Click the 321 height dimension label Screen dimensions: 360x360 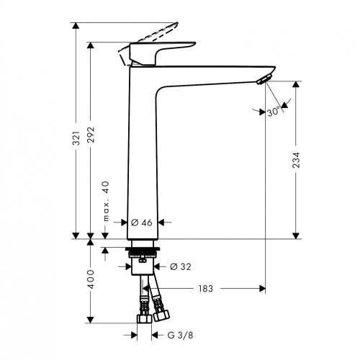pos(76,138)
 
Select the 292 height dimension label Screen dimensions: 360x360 pos(91,135)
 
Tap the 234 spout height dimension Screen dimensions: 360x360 pos(297,160)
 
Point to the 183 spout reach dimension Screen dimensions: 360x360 pos(206,289)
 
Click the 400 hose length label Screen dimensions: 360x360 pos(91,279)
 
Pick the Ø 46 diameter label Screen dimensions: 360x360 pos(142,222)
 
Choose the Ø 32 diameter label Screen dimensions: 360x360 pos(181,266)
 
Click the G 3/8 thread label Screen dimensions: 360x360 pos(180,335)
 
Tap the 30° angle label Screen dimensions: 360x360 pos(273,112)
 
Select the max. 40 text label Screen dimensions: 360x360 pos(106,201)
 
